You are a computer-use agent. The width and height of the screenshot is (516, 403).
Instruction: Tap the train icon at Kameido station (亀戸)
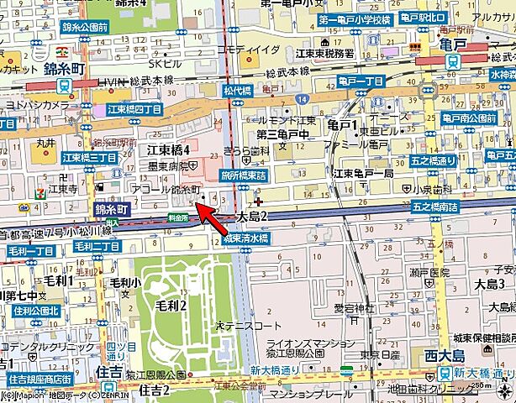(x=451, y=62)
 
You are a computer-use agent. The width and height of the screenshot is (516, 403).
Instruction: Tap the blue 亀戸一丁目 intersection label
(x=361, y=81)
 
